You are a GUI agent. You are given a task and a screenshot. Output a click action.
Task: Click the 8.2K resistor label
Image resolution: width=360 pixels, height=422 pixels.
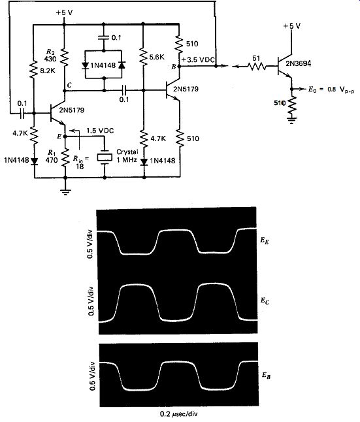(48, 71)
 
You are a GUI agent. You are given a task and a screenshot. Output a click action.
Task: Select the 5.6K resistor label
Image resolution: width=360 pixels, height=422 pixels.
(156, 57)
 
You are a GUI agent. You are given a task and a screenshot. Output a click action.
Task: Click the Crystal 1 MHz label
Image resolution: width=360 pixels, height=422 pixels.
(127, 155)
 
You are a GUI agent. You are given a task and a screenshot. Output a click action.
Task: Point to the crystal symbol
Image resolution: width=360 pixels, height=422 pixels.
(105, 157)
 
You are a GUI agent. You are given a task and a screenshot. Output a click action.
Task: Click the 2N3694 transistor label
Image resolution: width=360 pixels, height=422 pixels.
(298, 64)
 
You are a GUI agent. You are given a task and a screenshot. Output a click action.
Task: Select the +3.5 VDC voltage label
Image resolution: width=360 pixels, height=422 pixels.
(198, 59)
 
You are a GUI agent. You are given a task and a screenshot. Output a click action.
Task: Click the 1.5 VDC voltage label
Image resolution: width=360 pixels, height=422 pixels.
(100, 131)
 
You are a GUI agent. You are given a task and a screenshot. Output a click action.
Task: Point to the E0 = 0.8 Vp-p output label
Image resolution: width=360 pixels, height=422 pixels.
(331, 89)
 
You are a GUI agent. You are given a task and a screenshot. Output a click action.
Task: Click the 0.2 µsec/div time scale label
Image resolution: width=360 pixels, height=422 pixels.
(178, 414)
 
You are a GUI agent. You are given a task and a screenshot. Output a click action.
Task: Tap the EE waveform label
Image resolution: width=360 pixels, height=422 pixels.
(265, 240)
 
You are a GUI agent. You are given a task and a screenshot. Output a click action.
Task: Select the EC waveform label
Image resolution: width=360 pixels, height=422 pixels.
(265, 300)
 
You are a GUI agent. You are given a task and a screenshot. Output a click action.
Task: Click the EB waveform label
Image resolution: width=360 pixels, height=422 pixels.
(267, 375)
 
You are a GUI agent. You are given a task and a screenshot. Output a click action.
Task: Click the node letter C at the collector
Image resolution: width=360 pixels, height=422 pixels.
(69, 86)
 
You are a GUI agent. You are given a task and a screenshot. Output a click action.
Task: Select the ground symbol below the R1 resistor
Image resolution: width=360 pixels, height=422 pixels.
(65, 192)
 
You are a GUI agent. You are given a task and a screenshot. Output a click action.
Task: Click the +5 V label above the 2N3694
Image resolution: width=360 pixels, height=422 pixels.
(292, 26)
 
